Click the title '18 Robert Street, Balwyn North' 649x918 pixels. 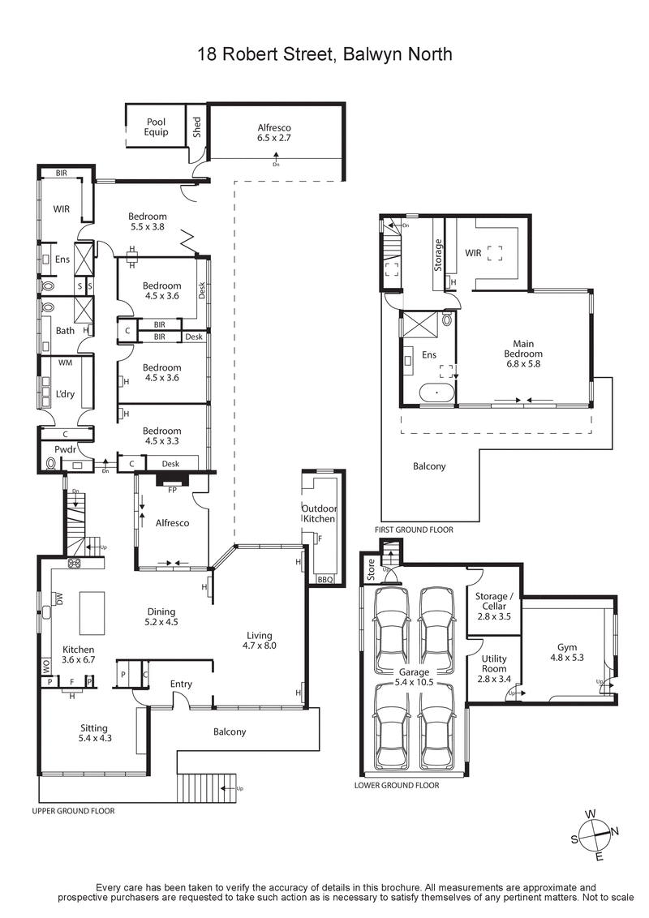[x=324, y=54]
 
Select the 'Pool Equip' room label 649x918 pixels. [x=157, y=127]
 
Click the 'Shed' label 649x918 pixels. [x=196, y=127]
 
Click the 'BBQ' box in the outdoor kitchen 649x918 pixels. [x=324, y=580]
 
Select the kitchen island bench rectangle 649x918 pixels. [x=92, y=612]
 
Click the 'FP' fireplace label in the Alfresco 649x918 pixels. [x=172, y=489]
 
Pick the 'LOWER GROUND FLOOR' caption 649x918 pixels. [x=397, y=785]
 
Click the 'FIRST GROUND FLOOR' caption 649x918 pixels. [x=414, y=530]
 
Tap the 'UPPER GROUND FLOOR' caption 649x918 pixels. [x=73, y=810]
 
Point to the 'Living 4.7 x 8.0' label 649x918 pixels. [x=260, y=641]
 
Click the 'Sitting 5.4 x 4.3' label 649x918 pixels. [x=93, y=733]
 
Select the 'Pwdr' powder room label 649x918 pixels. [x=65, y=448]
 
